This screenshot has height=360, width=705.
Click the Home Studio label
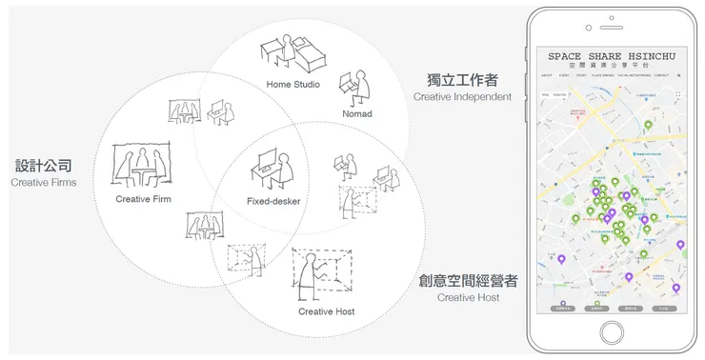(292, 85)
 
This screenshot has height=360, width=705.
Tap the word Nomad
(358, 113)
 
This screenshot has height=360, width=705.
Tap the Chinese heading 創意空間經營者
(468, 281)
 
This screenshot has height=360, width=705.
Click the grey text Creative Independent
(462, 96)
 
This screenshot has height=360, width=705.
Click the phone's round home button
(613, 332)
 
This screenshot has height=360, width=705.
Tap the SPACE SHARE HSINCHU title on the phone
(612, 56)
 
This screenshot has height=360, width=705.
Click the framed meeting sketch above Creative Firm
(142, 164)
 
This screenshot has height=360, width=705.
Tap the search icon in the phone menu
(678, 74)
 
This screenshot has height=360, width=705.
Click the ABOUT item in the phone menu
(547, 74)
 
